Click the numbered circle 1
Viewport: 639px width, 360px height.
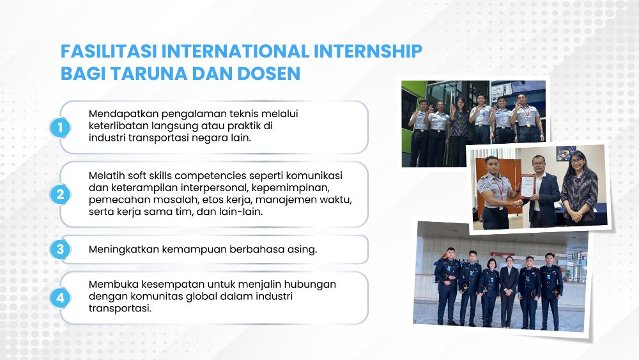(x=60, y=128)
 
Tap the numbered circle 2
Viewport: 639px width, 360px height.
(x=60, y=194)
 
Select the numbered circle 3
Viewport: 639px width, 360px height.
(x=60, y=249)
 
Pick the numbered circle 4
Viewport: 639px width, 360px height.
(x=60, y=298)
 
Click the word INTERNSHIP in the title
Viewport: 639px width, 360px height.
(x=367, y=51)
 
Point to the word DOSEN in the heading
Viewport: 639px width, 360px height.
(x=269, y=74)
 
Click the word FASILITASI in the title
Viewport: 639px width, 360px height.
(x=109, y=51)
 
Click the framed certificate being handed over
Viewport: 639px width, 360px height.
(x=527, y=186)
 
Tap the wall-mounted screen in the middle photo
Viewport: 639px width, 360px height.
(x=566, y=153)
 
